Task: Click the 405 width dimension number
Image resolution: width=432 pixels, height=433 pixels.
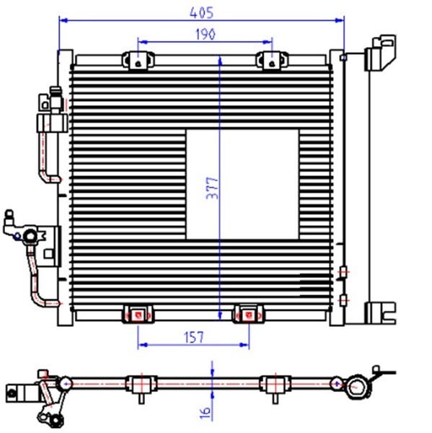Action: [201, 13]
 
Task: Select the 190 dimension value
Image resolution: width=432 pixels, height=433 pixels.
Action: [206, 35]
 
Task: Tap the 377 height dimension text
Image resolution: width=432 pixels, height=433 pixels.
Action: [212, 188]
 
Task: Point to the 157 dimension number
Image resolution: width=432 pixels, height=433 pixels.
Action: [194, 337]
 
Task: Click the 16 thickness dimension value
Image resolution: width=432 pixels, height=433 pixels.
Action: [205, 413]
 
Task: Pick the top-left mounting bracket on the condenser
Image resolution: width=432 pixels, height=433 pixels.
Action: [138, 61]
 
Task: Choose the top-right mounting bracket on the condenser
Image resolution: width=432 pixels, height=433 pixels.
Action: [272, 61]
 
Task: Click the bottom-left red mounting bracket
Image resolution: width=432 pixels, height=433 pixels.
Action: [138, 314]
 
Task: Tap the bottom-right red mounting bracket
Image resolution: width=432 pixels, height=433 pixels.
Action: [248, 314]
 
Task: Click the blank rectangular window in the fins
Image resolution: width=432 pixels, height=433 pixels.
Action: [242, 184]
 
